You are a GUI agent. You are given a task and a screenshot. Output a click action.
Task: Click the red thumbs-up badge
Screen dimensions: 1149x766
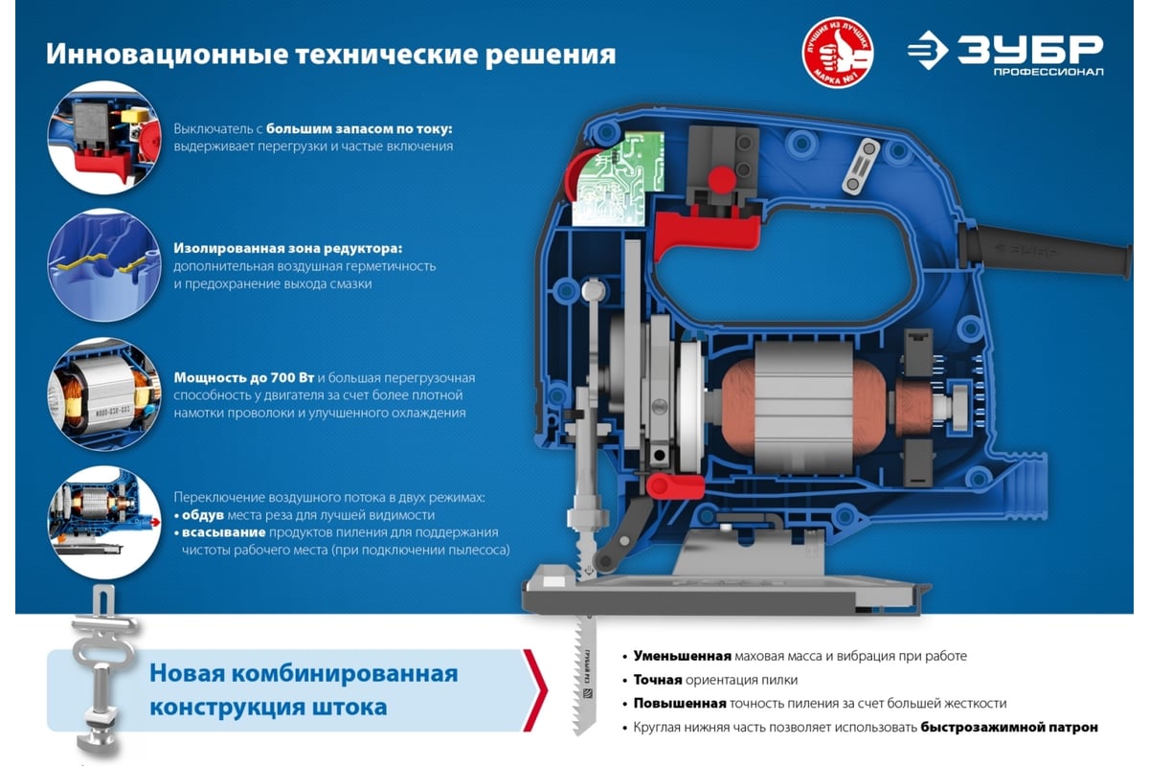point(838,53)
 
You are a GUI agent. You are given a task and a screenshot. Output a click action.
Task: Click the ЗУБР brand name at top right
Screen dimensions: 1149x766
point(1030,50)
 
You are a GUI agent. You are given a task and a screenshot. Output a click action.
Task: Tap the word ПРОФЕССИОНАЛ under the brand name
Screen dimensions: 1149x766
point(1048,72)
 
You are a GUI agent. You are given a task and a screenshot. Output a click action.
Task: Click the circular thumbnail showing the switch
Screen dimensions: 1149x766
point(104,138)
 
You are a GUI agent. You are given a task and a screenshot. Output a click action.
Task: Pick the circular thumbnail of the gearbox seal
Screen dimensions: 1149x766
point(104,265)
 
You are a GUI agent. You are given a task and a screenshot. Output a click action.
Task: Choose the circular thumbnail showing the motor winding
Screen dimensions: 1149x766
point(104,394)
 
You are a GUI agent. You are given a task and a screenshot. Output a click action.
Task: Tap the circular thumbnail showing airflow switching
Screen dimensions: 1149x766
point(104,523)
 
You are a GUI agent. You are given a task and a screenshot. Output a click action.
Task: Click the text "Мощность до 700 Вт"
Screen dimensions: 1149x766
point(243,377)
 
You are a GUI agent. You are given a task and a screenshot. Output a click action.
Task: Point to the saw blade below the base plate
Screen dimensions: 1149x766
point(585,676)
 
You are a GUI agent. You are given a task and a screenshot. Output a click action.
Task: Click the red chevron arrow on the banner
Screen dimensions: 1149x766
point(535,690)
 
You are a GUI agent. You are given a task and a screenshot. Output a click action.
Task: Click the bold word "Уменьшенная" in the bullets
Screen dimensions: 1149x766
point(682,656)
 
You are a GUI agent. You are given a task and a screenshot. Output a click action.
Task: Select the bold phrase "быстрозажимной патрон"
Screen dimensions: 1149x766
point(1009,727)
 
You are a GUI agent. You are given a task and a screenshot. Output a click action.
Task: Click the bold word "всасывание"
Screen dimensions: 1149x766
point(224,532)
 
